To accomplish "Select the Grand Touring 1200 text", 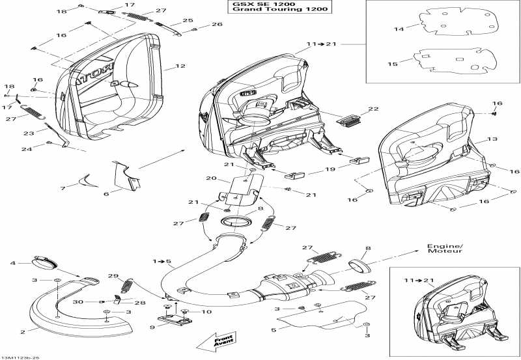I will pos(279,10).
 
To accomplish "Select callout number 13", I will pos(492,139).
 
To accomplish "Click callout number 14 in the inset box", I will pos(399,29).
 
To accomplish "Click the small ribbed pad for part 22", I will pos(350,118).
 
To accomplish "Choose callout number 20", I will pos(210,178).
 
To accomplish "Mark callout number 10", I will pos(208,312).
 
